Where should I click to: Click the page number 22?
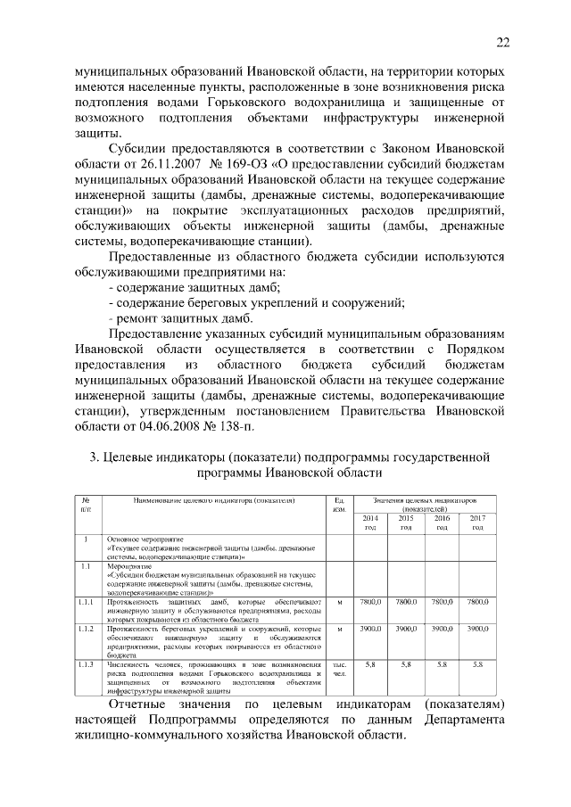502,43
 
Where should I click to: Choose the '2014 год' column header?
369,523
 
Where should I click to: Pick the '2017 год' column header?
477,523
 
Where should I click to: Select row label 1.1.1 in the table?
85,604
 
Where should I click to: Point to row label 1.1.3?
85,665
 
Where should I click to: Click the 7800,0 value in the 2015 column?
405,604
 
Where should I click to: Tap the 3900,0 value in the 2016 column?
442,629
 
